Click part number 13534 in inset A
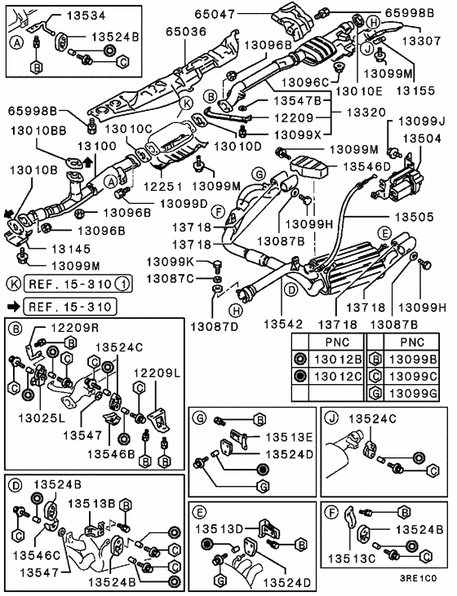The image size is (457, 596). [x=86, y=15]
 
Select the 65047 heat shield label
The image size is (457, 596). [x=215, y=14]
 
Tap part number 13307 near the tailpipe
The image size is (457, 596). [x=421, y=41]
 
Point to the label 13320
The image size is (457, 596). [x=366, y=113]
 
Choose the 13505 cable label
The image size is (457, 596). [x=414, y=217]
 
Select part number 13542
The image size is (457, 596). [x=283, y=324]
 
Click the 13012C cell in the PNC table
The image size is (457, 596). [x=337, y=376]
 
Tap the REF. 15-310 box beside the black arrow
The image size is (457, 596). [x=70, y=307]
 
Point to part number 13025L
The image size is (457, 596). [x=42, y=418]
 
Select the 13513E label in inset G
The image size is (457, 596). [x=289, y=437]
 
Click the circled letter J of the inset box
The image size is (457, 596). [x=332, y=418]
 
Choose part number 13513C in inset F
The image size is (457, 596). [x=351, y=558]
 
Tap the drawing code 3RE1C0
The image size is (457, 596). [x=418, y=578]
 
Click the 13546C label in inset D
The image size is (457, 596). [x=37, y=555]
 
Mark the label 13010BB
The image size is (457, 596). [x=38, y=130]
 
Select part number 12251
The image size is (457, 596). [x=163, y=186]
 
